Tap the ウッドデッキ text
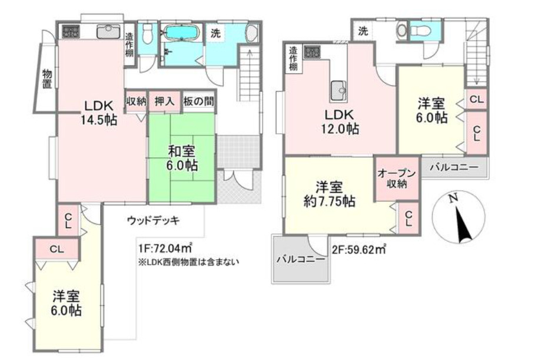[x=153, y=220]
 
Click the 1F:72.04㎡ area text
[x=167, y=248]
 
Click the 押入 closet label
[x=165, y=101]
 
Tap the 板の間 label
[x=198, y=101]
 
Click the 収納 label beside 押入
[x=135, y=101]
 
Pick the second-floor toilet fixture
[x=402, y=29]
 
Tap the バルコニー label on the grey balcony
[x=300, y=258]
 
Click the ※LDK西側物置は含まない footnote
[x=188, y=262]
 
